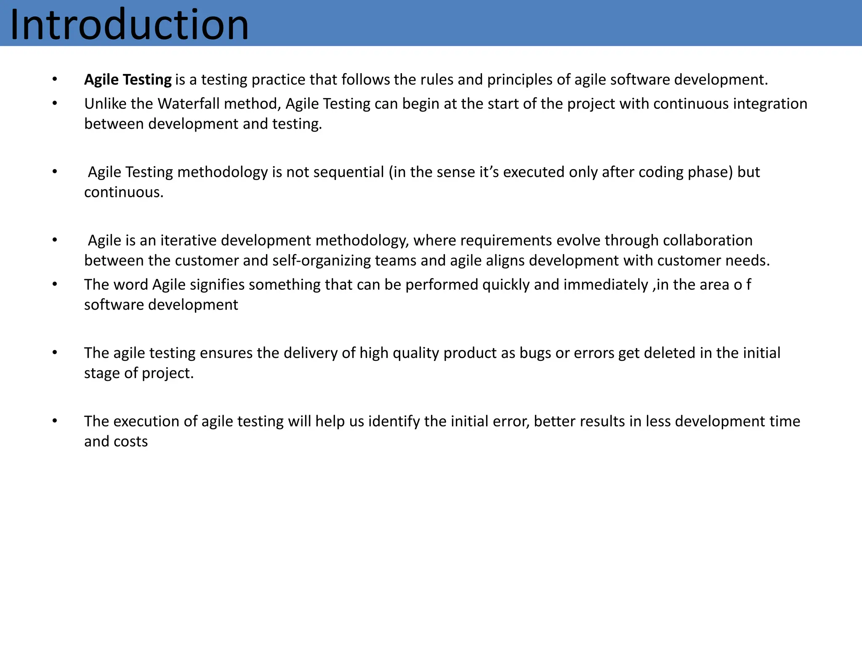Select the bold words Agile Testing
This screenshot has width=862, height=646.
[x=128, y=79]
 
